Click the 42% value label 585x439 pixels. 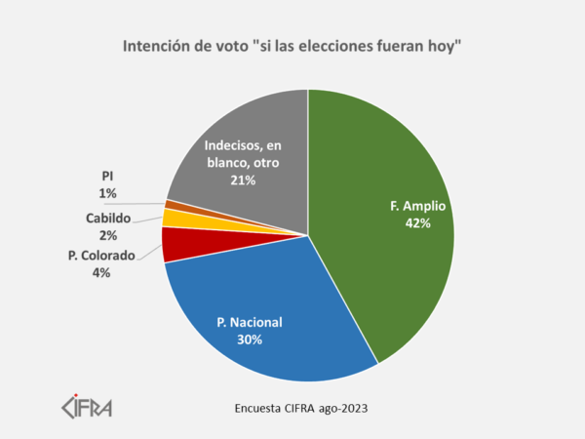pyautogui.click(x=416, y=223)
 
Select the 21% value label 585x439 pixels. pyautogui.click(x=243, y=180)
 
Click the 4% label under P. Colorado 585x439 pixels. pyautogui.click(x=101, y=273)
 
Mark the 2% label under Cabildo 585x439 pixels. pyautogui.click(x=107, y=235)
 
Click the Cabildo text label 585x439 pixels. pyautogui.click(x=107, y=218)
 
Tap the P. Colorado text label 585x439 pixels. pyautogui.click(x=101, y=257)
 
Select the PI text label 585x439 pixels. pyautogui.click(x=107, y=176)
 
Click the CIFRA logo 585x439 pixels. pyautogui.click(x=87, y=404)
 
